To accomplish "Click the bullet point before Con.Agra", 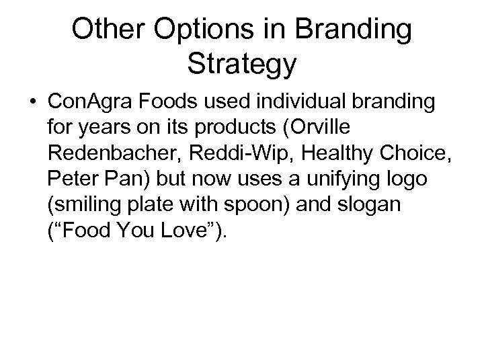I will coord(32,102).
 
